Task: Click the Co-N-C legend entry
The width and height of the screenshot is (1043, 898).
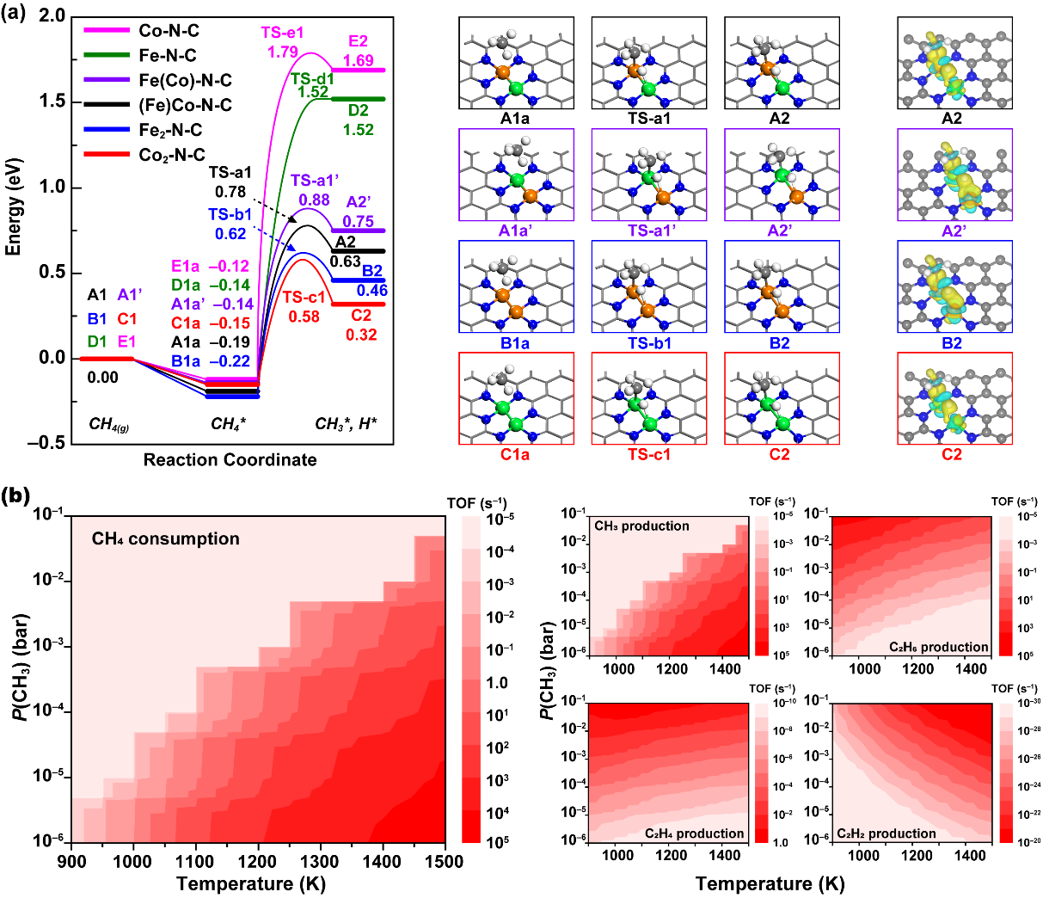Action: (x=169, y=31)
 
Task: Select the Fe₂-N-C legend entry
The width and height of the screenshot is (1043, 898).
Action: (x=172, y=131)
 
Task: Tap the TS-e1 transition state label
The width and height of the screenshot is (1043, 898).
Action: (x=282, y=34)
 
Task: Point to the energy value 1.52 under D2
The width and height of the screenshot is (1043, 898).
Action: (x=359, y=130)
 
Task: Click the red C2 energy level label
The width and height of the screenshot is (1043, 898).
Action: (x=361, y=317)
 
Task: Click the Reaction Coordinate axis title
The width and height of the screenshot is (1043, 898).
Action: (x=230, y=460)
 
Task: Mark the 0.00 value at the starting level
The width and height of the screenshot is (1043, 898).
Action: (x=103, y=378)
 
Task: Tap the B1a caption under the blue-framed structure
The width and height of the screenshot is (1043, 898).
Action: (x=515, y=343)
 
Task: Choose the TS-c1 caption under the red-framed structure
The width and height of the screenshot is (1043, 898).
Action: (x=649, y=455)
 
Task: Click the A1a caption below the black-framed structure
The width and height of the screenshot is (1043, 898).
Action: (x=515, y=119)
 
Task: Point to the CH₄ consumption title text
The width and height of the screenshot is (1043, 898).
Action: (x=166, y=539)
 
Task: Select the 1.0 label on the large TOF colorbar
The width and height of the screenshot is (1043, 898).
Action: (x=498, y=683)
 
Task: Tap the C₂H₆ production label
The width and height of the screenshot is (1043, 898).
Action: (x=939, y=647)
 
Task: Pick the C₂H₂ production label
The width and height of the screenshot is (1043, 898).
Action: (x=887, y=833)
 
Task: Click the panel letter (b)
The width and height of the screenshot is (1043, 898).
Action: (x=19, y=497)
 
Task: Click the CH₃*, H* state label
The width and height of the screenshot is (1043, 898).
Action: (x=346, y=424)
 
